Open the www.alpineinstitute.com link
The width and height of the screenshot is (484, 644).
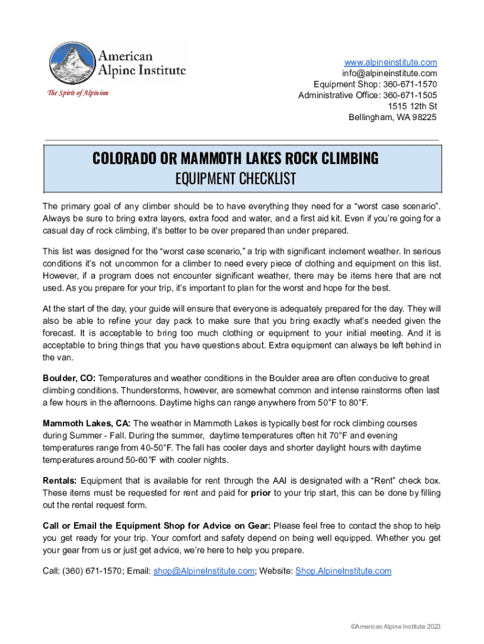390,62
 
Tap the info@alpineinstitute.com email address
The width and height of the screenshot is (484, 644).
390,73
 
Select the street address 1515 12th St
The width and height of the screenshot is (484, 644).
412,106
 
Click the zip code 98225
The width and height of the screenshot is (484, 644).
424,117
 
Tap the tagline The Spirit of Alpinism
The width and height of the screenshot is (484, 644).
78,93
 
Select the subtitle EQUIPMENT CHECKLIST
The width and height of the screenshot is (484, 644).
235,179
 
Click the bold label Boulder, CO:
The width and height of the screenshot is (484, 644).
69,378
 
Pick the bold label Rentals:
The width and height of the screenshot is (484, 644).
60,480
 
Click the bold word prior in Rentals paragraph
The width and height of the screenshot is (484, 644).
261,492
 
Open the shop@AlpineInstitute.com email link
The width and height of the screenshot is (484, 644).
204,570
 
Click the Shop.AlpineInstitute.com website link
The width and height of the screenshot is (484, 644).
343,570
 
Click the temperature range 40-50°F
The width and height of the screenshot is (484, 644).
153,448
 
